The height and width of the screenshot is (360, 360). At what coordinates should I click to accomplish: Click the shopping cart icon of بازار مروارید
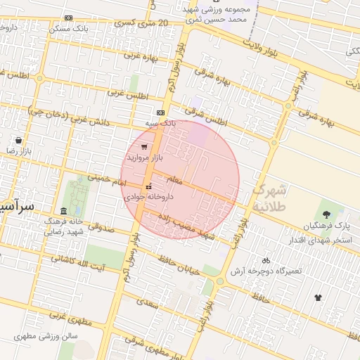[x=144, y=147]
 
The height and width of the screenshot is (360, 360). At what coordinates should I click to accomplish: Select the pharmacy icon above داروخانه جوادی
[x=148, y=186]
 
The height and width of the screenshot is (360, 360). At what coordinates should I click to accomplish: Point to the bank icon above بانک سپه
[x=161, y=112]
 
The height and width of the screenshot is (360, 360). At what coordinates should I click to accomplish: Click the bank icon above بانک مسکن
[x=67, y=18]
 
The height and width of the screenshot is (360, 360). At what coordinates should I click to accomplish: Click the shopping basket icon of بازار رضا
[x=18, y=140]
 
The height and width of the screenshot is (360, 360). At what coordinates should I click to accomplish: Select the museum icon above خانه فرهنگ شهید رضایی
[x=64, y=211]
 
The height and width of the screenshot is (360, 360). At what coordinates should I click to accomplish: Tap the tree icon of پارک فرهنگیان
[x=326, y=214]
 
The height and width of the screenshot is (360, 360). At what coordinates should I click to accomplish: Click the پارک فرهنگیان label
[x=327, y=226]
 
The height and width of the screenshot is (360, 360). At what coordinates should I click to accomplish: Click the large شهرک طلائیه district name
[x=271, y=198]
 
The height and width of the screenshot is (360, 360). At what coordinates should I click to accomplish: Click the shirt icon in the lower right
[x=318, y=297]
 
